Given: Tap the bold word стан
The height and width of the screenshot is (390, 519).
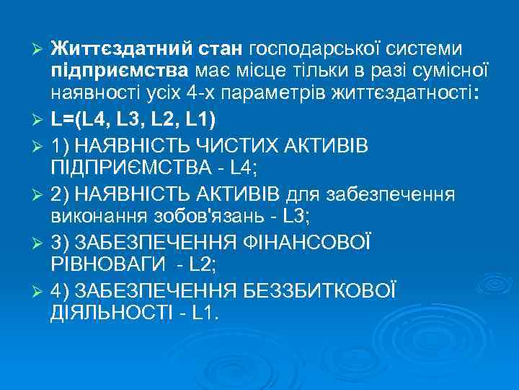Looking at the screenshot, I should click(220, 49).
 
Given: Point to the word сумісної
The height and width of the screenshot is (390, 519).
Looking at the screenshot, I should click(448, 71).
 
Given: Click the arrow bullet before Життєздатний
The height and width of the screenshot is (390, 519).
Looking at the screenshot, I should click(40, 50).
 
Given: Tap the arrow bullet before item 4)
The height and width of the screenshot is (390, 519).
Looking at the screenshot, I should click(40, 291).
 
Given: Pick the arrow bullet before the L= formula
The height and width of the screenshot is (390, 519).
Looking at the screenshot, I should click(40, 118).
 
